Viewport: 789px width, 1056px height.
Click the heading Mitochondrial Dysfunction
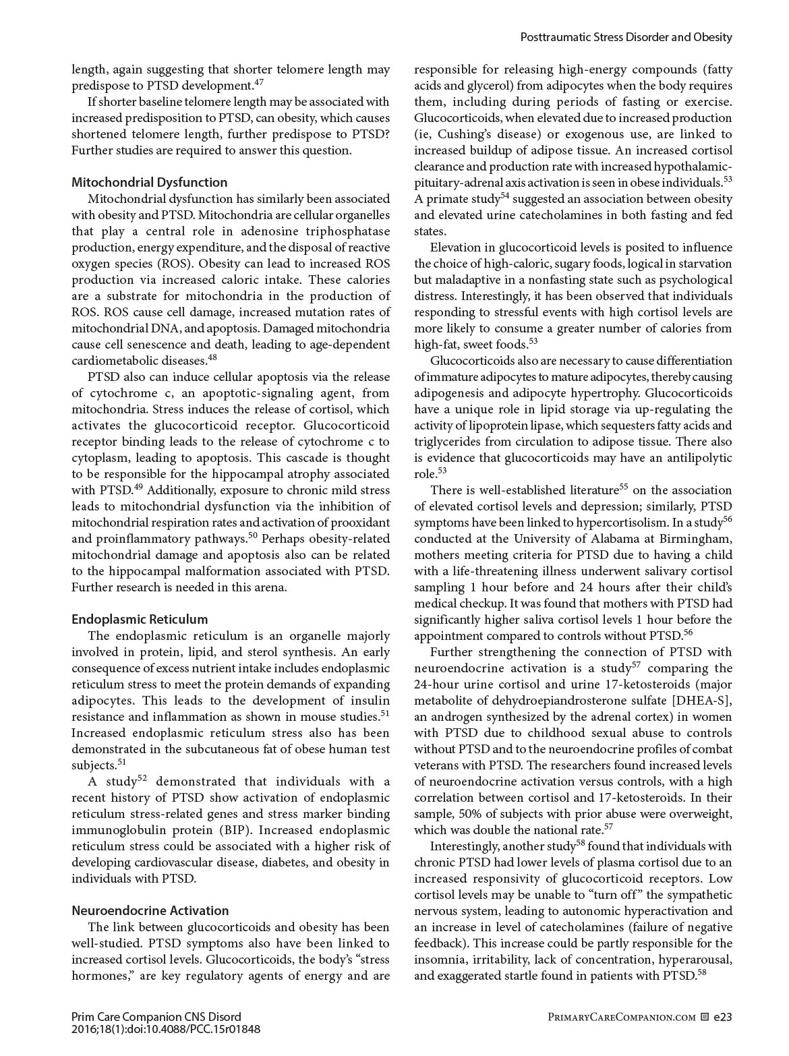point(149,182)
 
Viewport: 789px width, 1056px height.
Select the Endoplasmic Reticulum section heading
point(140,619)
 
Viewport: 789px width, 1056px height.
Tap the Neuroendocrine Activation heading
point(150,910)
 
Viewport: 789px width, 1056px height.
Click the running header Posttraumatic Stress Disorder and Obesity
point(626,37)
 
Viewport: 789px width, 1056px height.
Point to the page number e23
point(723,1017)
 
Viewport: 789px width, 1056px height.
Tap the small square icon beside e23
point(704,1017)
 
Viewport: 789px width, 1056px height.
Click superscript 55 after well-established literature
point(623,487)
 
